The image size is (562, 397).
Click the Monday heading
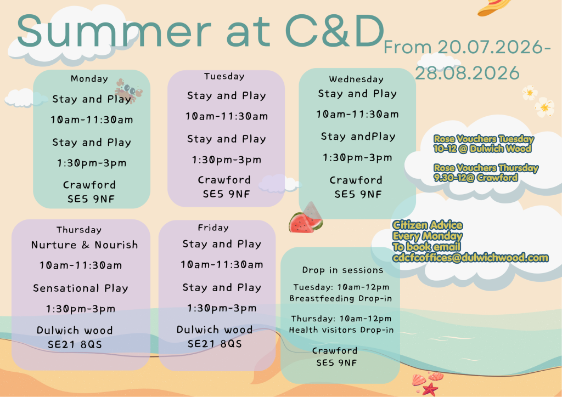(x=89, y=79)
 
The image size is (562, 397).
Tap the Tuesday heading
(x=224, y=76)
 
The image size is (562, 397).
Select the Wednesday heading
(x=356, y=79)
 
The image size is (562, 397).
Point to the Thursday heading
(x=79, y=230)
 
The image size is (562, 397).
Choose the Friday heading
(x=213, y=228)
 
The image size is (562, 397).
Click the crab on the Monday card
(x=128, y=90)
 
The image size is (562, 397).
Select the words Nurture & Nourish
(x=85, y=245)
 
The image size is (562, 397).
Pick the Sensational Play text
(x=81, y=288)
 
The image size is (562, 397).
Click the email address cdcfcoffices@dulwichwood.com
(x=470, y=258)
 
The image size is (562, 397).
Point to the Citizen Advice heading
(x=427, y=225)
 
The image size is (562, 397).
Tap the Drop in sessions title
(x=342, y=270)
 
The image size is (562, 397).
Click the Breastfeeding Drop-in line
(x=341, y=298)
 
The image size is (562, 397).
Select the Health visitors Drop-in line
(x=341, y=330)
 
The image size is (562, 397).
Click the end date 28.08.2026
(x=468, y=73)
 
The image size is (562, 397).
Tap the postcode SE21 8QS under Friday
(x=215, y=344)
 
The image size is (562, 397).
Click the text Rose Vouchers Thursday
(x=486, y=168)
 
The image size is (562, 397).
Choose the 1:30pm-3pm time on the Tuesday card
(x=227, y=160)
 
